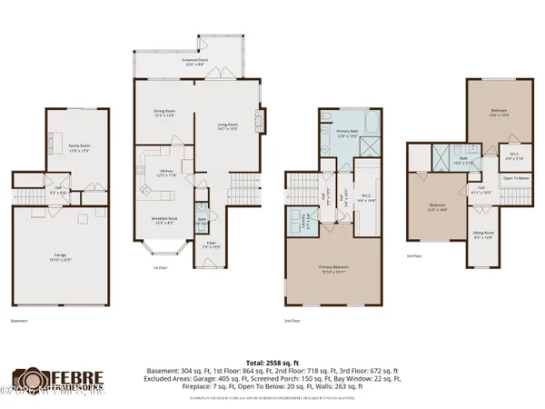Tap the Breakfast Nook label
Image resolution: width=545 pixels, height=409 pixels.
(164, 221)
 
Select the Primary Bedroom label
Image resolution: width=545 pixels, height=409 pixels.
(334, 268)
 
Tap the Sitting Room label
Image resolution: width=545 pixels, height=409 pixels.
(483, 234)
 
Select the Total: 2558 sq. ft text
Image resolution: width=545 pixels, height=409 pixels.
(272, 360)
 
